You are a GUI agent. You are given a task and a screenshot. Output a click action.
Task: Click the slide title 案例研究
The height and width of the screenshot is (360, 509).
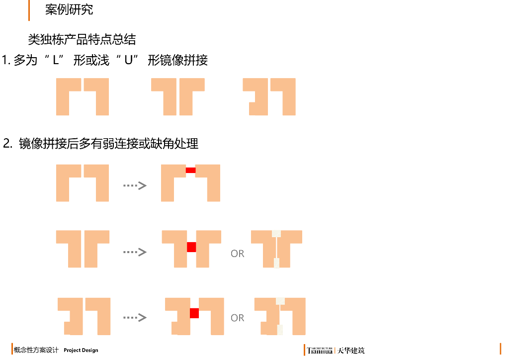[69, 9]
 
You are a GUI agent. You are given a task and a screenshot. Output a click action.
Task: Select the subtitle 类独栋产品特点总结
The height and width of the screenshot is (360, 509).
[82, 39]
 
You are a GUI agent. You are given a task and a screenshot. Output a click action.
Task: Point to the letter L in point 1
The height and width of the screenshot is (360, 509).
[56, 61]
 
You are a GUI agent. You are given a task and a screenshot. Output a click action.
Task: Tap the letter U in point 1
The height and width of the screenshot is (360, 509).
[128, 61]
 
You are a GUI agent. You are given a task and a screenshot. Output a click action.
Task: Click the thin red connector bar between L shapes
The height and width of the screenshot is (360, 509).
[190, 170]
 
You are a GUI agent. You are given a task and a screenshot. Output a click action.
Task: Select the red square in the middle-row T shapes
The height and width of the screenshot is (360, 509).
[191, 247]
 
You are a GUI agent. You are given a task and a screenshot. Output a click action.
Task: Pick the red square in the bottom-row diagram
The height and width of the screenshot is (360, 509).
[194, 313]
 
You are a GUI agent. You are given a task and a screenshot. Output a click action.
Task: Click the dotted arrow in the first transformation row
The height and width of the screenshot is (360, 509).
[135, 185]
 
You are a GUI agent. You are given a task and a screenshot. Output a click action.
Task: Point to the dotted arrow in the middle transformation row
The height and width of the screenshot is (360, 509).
[135, 252]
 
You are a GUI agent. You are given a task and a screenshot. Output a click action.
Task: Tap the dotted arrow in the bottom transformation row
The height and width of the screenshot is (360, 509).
[135, 317]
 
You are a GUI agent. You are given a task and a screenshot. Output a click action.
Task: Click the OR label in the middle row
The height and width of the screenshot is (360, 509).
[238, 254]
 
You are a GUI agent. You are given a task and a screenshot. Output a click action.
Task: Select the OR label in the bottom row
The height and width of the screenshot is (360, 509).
[238, 318]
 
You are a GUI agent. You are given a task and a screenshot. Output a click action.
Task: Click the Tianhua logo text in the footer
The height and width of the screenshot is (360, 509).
[320, 351]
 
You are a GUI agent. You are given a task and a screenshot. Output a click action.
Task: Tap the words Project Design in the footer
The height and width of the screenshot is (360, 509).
[81, 350]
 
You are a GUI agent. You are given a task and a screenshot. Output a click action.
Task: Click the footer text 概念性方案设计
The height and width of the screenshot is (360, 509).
[36, 350]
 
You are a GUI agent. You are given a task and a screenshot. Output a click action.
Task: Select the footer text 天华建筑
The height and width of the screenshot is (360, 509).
[351, 351]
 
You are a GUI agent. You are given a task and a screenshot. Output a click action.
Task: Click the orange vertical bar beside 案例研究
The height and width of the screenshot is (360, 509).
[29, 10]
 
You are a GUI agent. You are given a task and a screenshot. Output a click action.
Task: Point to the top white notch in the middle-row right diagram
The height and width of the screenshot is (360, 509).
[276, 233]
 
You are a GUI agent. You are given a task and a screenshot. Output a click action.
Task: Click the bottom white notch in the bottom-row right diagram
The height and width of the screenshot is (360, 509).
[280, 330]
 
